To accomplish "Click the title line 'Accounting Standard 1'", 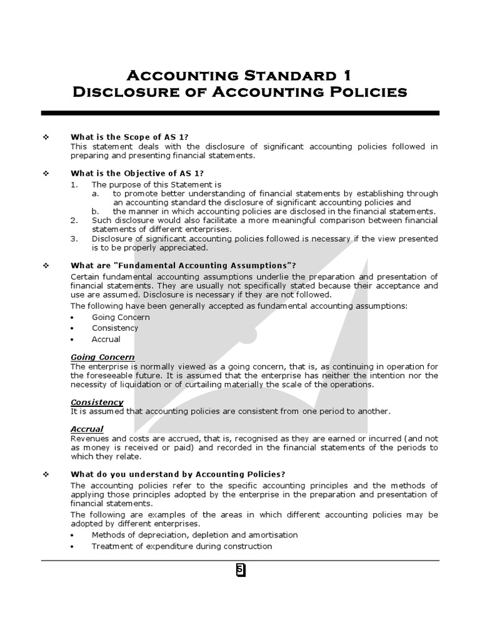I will point(239,76).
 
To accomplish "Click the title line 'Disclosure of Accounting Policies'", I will point(239,93).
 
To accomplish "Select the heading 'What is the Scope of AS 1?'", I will point(129,137).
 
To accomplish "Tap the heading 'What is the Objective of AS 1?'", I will point(137,173).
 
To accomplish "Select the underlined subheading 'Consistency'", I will point(97,402).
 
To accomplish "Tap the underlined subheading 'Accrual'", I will point(87,429).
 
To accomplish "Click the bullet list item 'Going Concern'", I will point(121,317).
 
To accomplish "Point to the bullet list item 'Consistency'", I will point(115,328).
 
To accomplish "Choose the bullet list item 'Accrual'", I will point(106,339).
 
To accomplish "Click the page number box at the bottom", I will point(240,570).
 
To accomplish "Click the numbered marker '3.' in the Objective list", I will point(74,239).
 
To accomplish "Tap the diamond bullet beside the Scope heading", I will point(46,137).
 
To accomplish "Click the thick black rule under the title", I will point(240,112).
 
